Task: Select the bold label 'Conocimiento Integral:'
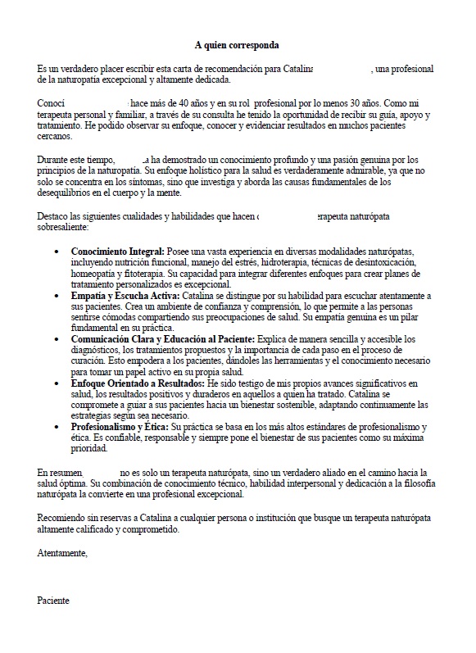click(118, 250)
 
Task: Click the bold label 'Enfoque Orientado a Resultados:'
click(138, 383)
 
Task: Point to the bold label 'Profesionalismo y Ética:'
click(120, 427)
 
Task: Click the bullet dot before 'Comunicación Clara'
click(56, 338)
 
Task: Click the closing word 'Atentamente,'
click(62, 555)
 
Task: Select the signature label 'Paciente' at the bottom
click(54, 601)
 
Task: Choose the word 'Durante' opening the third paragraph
click(54, 159)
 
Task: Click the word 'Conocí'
click(51, 104)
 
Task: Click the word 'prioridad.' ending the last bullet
click(89, 449)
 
